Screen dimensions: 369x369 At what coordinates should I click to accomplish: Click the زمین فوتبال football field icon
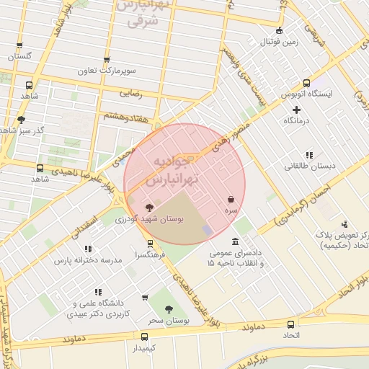click(x=280, y=30)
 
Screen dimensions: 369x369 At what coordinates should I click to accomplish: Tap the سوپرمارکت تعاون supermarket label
click(x=107, y=71)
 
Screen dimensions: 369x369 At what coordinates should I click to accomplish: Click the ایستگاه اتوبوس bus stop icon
click(x=307, y=83)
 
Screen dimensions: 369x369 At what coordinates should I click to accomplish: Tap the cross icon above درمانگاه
click(x=295, y=109)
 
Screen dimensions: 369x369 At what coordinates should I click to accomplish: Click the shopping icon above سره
click(x=230, y=198)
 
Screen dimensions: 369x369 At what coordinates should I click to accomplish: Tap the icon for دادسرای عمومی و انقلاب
click(x=236, y=242)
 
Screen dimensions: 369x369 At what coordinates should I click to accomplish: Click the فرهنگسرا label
click(x=149, y=255)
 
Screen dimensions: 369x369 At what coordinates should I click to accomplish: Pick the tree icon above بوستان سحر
click(x=169, y=308)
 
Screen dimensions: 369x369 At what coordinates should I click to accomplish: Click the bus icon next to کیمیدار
click(x=145, y=337)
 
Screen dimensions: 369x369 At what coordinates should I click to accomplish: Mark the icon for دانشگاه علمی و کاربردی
click(x=146, y=297)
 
